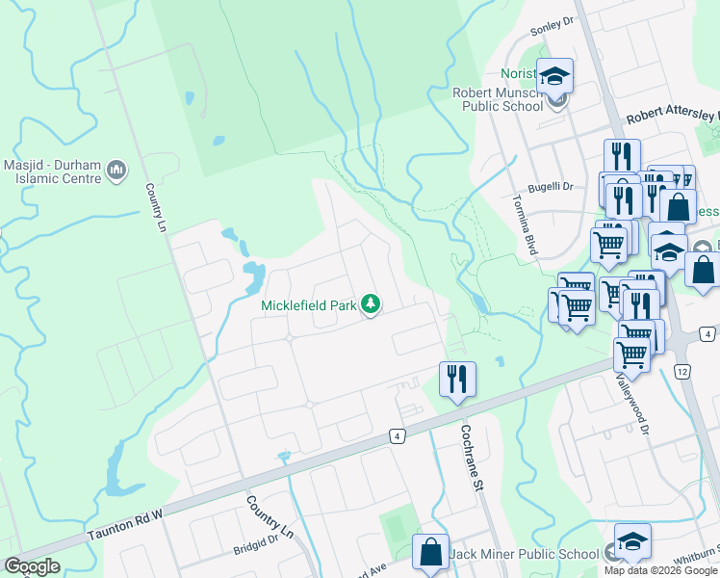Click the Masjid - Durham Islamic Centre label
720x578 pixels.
pyautogui.click(x=52, y=171)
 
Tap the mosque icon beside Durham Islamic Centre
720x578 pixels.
pyautogui.click(x=117, y=171)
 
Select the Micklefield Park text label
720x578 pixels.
pyautogui.click(x=308, y=306)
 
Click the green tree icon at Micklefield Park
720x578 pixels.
pyautogui.click(x=370, y=305)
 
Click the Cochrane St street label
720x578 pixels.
pyautogui.click(x=472, y=459)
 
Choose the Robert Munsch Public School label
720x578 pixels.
pyautogui.click(x=498, y=99)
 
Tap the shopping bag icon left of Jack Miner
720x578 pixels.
pyautogui.click(x=430, y=552)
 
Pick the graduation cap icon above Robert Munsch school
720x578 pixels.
pyautogui.click(x=555, y=75)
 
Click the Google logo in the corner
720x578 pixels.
pyautogui.click(x=32, y=566)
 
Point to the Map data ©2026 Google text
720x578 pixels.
pyautogui.click(x=660, y=569)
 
